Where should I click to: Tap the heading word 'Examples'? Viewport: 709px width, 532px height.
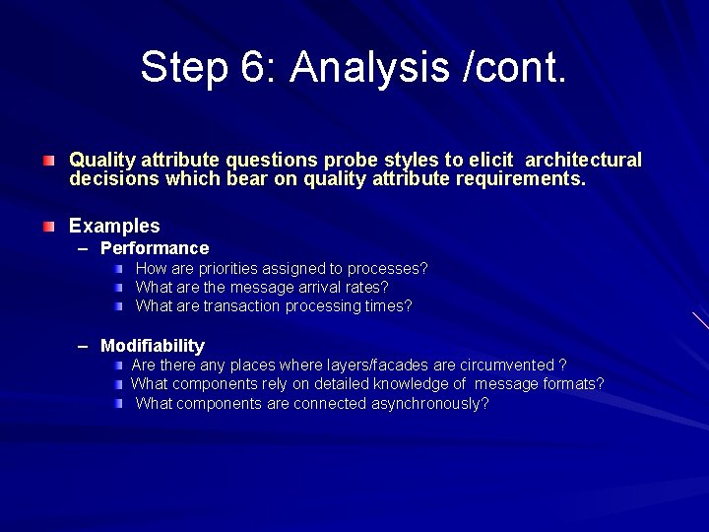coord(114,226)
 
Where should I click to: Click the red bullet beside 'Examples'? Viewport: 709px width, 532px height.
coord(48,227)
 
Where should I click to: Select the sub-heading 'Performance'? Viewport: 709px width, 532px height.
coord(155,248)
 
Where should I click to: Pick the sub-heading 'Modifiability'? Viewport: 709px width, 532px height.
coord(153,346)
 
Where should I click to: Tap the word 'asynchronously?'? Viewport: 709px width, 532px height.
coord(430,403)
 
